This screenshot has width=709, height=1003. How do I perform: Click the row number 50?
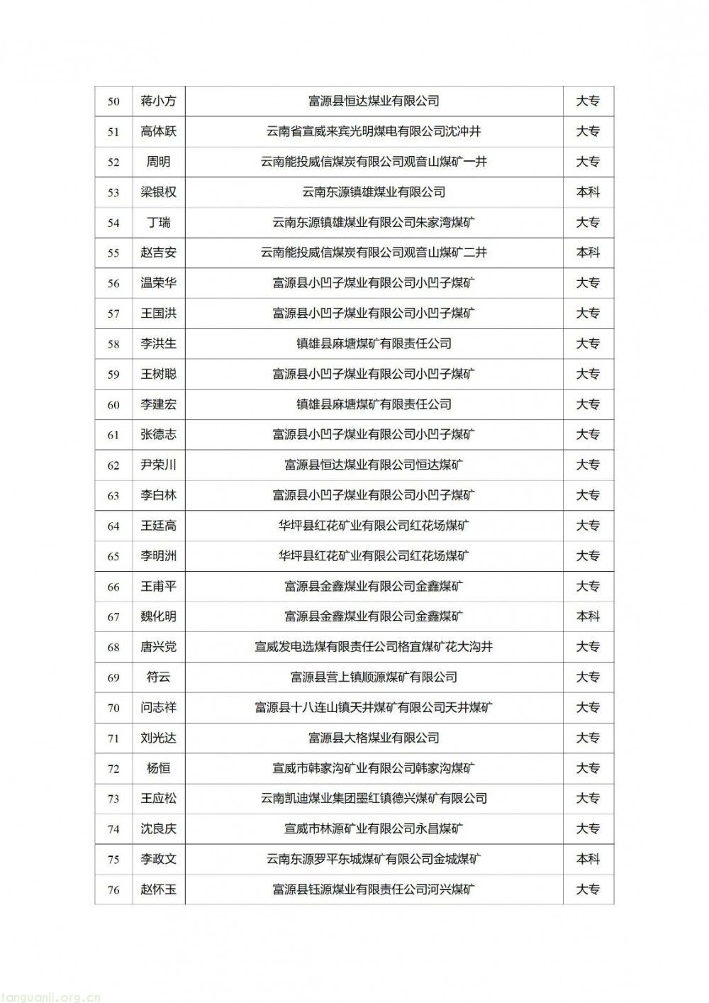coord(113,101)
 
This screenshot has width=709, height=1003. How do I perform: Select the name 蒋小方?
coord(158,101)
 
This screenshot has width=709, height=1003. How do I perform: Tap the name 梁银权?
coord(158,192)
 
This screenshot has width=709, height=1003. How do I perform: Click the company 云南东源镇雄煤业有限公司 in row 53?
coord(374,192)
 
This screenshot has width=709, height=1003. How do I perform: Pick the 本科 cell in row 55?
coord(588,253)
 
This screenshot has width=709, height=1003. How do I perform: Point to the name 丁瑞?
coord(158,223)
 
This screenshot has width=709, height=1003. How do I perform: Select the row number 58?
coord(113,344)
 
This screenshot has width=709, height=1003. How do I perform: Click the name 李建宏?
coord(158,404)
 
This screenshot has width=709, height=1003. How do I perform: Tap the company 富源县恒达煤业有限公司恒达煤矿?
coord(374,465)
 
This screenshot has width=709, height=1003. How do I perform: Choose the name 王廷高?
coord(158,526)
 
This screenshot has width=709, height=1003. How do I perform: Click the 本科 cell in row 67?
coord(588,616)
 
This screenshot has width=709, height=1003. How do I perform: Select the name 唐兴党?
coord(158,647)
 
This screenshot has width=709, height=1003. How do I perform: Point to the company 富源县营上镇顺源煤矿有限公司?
coord(374,677)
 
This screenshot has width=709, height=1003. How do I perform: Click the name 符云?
coord(158,677)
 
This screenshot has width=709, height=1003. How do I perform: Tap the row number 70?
coord(113,708)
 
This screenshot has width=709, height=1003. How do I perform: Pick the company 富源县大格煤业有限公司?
coord(374,738)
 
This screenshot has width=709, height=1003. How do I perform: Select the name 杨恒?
coord(158,768)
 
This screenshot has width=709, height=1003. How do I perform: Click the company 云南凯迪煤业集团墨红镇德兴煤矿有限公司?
coord(374,799)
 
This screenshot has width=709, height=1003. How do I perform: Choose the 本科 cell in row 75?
coord(588,859)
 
